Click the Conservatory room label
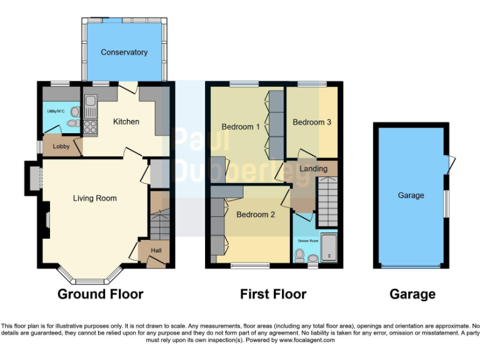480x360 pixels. point(124,52)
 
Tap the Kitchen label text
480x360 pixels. point(126,122)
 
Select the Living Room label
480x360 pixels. point(95,199)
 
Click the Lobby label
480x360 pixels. point(61,147)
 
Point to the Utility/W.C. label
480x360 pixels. point(56,111)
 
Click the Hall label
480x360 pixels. point(156,251)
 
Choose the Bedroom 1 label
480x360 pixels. point(241,127)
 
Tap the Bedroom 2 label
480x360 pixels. point(256,215)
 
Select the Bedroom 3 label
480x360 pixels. point(312,122)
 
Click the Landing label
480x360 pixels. point(313,169)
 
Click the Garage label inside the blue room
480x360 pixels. point(411,196)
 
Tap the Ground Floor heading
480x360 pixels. point(100,294)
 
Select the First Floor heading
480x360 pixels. point(273,294)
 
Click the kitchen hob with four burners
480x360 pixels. point(91,127)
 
